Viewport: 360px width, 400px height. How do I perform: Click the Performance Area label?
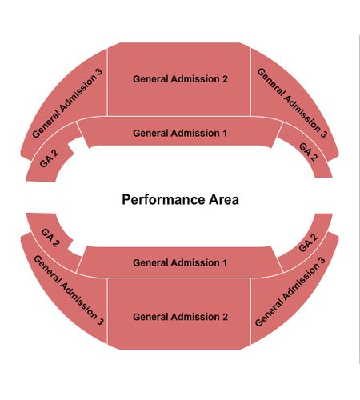pos(180,200)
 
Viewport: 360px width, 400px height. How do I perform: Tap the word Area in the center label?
pos(224,199)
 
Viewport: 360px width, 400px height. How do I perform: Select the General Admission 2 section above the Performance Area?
pos(179,79)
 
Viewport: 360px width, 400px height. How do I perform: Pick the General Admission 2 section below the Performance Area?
pos(179,314)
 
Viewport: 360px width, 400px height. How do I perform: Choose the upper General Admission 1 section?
pos(180,133)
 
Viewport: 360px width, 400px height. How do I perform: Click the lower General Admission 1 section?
pos(180,262)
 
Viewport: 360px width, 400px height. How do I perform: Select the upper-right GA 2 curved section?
pos(308,152)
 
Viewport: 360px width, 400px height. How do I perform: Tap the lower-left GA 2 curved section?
pos(50,238)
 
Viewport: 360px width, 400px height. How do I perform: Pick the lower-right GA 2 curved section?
pos(308,242)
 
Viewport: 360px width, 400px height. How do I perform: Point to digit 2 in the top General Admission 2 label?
pos(225,79)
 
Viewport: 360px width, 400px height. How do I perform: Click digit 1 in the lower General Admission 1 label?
pos(225,262)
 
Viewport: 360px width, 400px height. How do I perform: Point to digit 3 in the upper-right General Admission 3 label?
pos(323,134)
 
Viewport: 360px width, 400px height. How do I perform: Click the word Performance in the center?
pos(164,200)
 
